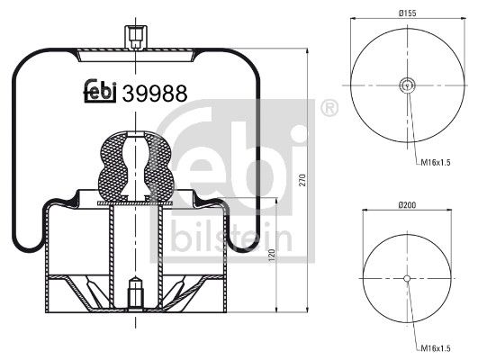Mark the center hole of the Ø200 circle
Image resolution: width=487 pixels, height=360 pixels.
tap(408, 278)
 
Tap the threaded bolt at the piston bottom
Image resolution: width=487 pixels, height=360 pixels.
tap(138, 293)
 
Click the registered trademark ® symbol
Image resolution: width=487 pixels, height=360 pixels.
tap(329, 110)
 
